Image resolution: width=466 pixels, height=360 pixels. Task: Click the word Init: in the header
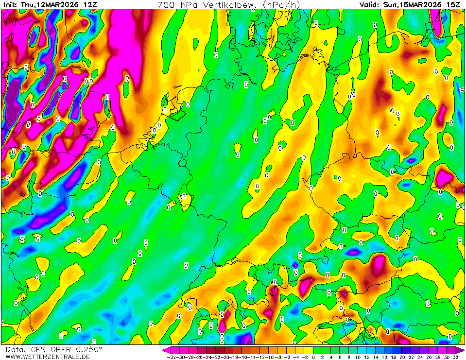point(9,4)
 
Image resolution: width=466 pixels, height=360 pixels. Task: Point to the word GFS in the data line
point(38,349)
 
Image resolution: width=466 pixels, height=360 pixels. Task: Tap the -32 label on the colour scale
point(171,357)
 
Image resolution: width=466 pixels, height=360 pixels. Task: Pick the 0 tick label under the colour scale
point(314,357)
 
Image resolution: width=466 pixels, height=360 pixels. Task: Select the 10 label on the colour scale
point(357,357)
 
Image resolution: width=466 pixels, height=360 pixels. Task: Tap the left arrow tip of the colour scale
point(165,350)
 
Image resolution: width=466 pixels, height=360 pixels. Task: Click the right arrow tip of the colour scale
point(463,350)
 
